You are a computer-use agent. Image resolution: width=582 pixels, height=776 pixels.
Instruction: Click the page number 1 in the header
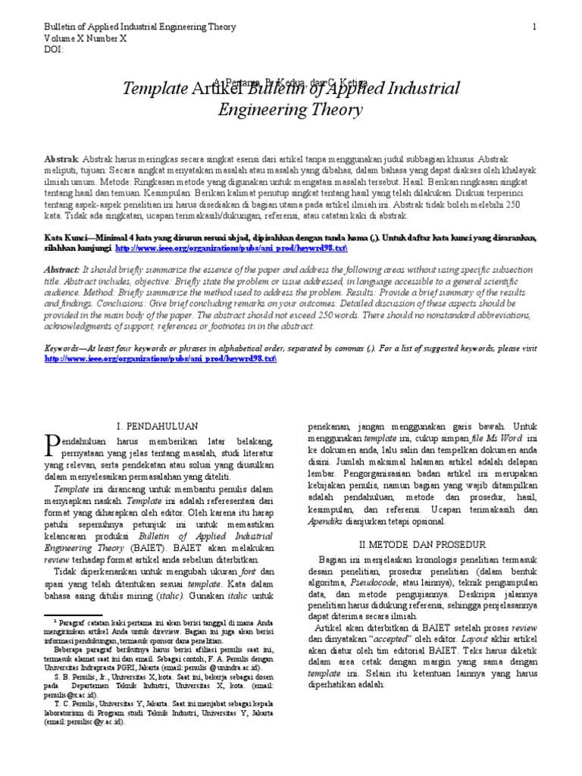534,27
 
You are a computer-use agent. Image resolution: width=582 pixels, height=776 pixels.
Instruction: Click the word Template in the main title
150,89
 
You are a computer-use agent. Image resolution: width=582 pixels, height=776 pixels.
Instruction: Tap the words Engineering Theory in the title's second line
290,111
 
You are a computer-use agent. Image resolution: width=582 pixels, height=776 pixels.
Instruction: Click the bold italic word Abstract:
63,270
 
